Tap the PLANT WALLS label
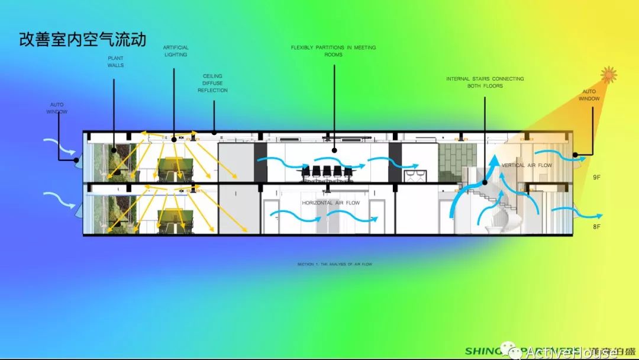pyautogui.click(x=115, y=62)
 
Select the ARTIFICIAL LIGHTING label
pyautogui.click(x=175, y=51)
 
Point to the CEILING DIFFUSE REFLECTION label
pyautogui.click(x=212, y=83)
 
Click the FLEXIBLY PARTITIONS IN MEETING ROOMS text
pyautogui.click(x=333, y=51)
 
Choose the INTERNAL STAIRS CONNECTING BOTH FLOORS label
pyautogui.click(x=485, y=82)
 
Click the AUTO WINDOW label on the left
pyautogui.click(x=57, y=108)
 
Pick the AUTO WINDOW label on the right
pyautogui.click(x=589, y=95)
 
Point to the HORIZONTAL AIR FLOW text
pyautogui.click(x=331, y=203)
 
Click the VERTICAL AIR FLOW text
pyautogui.click(x=526, y=166)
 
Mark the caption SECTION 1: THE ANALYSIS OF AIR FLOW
pyautogui.click(x=335, y=264)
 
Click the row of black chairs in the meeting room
pyautogui.click(x=326, y=172)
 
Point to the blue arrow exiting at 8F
pyautogui.click(x=586, y=213)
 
